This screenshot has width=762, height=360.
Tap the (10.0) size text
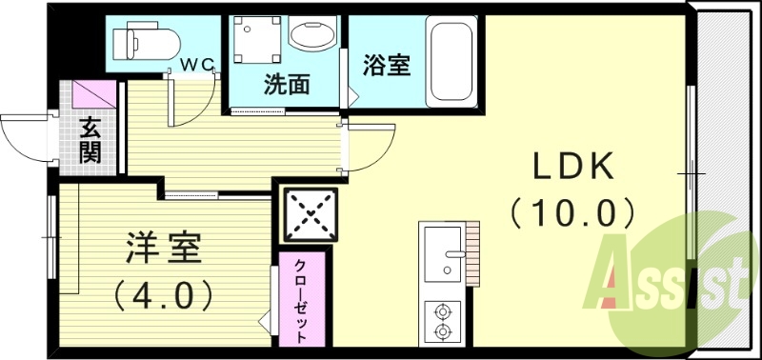coord(572,210)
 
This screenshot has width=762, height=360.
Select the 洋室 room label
coord(163,250)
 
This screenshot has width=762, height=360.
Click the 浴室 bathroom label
coord(386,67)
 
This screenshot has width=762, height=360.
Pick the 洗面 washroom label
coord(287,85)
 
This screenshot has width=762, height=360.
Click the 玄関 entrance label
coord(90,140)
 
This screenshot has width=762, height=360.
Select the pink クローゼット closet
coord(303,298)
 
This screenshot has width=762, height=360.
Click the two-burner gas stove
coord(441,320)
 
